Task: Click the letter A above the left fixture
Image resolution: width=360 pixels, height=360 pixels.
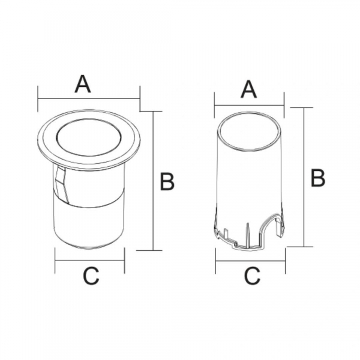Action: click(x=83, y=84)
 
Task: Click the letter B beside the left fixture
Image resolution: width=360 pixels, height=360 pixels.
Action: click(x=167, y=181)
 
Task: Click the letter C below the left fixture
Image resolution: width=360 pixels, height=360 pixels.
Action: click(x=91, y=276)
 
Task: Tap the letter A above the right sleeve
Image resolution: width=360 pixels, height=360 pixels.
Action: click(x=248, y=90)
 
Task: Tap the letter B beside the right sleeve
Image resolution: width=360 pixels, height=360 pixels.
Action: click(x=318, y=178)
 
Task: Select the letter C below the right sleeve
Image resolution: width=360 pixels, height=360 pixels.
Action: click(x=252, y=276)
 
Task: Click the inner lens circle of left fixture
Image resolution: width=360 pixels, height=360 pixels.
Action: click(x=88, y=137)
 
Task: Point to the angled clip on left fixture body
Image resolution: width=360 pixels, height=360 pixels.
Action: click(x=62, y=185)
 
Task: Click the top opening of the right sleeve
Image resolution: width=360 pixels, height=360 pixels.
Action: click(x=249, y=132)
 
